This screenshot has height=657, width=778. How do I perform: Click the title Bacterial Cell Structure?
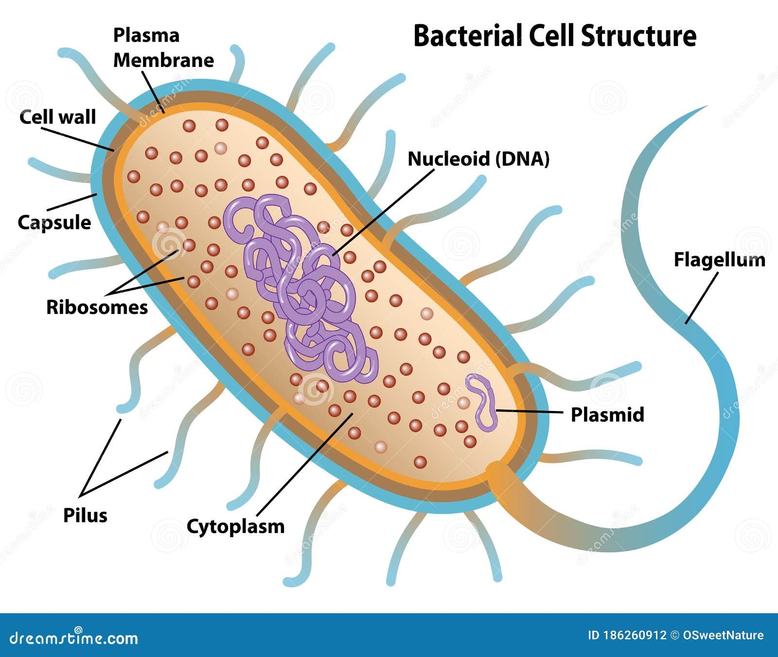(x=554, y=36)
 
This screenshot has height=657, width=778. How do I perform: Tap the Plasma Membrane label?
(x=163, y=48)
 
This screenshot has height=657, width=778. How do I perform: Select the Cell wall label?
(x=58, y=117)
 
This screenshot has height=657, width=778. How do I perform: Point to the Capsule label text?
(x=54, y=222)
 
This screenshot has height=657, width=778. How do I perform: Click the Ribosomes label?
(x=97, y=307)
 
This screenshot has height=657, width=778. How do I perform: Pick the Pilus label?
(x=85, y=515)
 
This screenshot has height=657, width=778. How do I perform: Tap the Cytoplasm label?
(x=235, y=526)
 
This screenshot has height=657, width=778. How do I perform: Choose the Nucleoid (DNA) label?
(x=478, y=159)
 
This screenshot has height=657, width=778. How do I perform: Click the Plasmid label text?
(x=607, y=415)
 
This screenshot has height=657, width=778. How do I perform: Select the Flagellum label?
(x=719, y=259)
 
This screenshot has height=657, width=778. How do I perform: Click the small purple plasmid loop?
(x=481, y=401)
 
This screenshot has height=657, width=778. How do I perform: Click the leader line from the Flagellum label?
(x=702, y=297)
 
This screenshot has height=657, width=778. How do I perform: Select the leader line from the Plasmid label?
(x=530, y=412)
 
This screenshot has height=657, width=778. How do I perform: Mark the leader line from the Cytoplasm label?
(x=304, y=464)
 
